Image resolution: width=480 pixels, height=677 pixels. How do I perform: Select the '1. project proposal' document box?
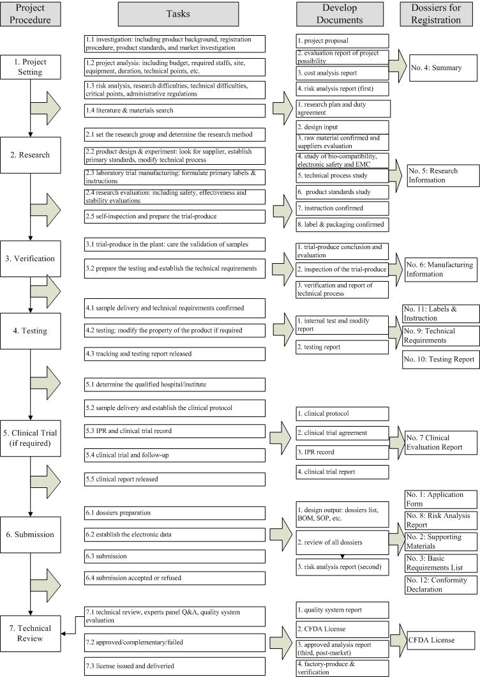click(x=342, y=42)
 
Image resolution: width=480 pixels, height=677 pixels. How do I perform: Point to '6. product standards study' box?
click(x=342, y=192)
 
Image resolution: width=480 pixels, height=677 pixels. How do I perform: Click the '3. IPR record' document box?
click(x=342, y=452)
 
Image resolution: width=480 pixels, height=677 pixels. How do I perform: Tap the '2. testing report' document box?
click(x=342, y=347)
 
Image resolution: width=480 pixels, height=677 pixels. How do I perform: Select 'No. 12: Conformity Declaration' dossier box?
click(x=440, y=584)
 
